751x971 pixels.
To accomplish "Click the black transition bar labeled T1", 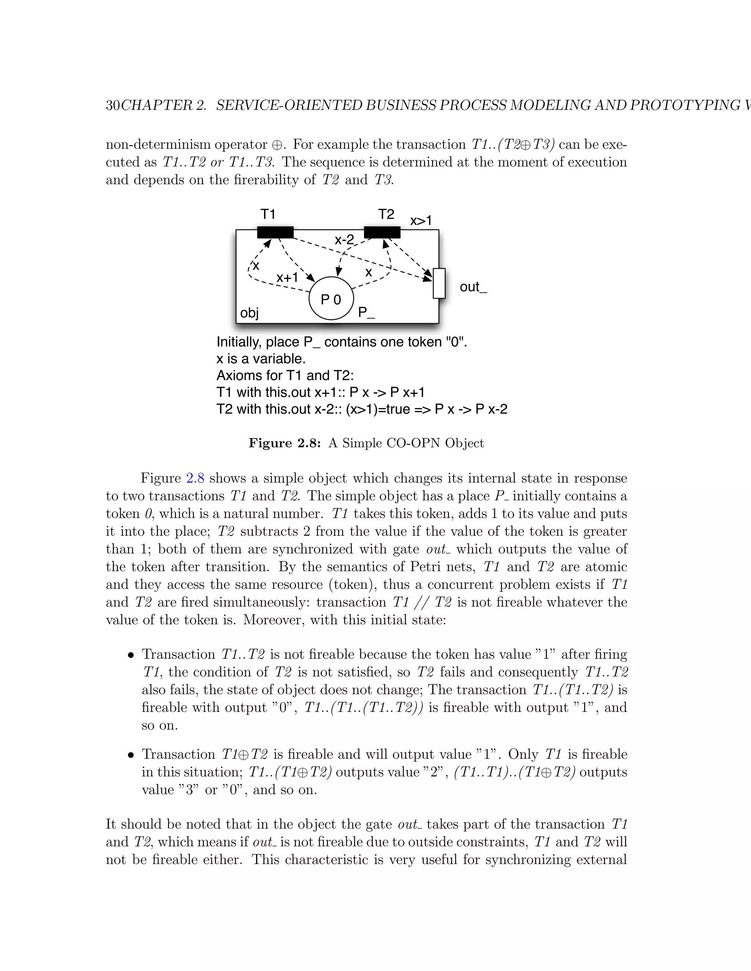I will point(275,232).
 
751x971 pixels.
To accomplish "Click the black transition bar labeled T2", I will point(382,232).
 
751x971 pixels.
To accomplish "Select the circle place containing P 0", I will point(331,298).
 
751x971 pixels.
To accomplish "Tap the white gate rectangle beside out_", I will point(439,283).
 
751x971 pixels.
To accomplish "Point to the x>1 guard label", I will point(421,221).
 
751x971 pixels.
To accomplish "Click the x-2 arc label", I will point(344,240).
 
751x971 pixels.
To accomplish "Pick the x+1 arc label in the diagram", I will point(287,278).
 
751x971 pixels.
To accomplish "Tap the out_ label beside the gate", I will point(473,287).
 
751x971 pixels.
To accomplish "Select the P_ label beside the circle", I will point(366,313).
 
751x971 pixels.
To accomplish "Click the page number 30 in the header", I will point(113,106).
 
